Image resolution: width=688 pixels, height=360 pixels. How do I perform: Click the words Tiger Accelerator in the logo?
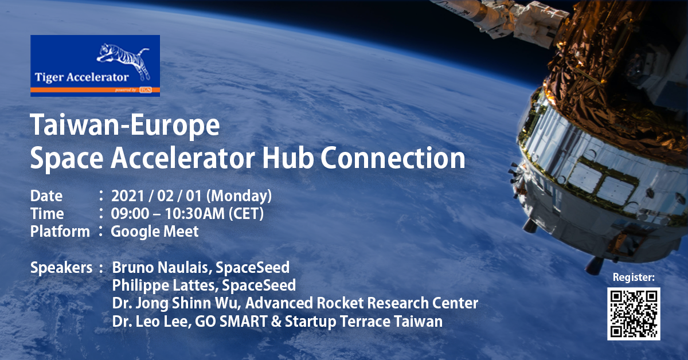coord(81,77)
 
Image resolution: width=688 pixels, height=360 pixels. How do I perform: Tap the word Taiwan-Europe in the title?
coord(125,125)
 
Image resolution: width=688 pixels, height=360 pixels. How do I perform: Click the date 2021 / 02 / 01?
coord(157,196)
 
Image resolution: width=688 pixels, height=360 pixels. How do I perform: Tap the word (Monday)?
coord(239,196)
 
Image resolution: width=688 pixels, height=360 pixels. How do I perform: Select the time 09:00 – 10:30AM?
coord(167,214)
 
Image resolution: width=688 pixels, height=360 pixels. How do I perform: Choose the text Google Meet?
coord(154,232)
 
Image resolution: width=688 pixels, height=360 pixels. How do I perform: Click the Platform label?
coord(60,232)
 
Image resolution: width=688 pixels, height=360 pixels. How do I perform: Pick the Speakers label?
coord(61,268)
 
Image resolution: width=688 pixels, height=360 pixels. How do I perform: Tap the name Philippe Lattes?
coord(165,285)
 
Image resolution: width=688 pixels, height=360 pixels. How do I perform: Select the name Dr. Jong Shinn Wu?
coord(175,303)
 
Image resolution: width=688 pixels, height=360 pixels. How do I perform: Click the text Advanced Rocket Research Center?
coord(362,303)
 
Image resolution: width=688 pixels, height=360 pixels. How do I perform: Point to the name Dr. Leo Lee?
coord(150,322)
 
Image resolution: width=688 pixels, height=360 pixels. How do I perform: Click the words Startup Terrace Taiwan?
coord(363,322)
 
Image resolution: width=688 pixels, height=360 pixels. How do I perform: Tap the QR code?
coord(634,314)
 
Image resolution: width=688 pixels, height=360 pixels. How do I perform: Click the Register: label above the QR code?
coord(634,277)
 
